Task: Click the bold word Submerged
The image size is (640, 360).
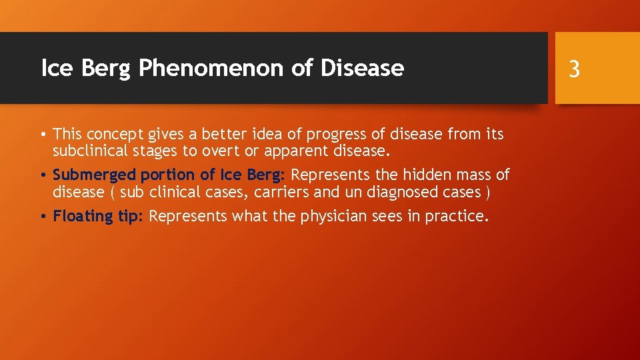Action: point(94,175)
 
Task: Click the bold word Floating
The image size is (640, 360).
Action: point(79,216)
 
